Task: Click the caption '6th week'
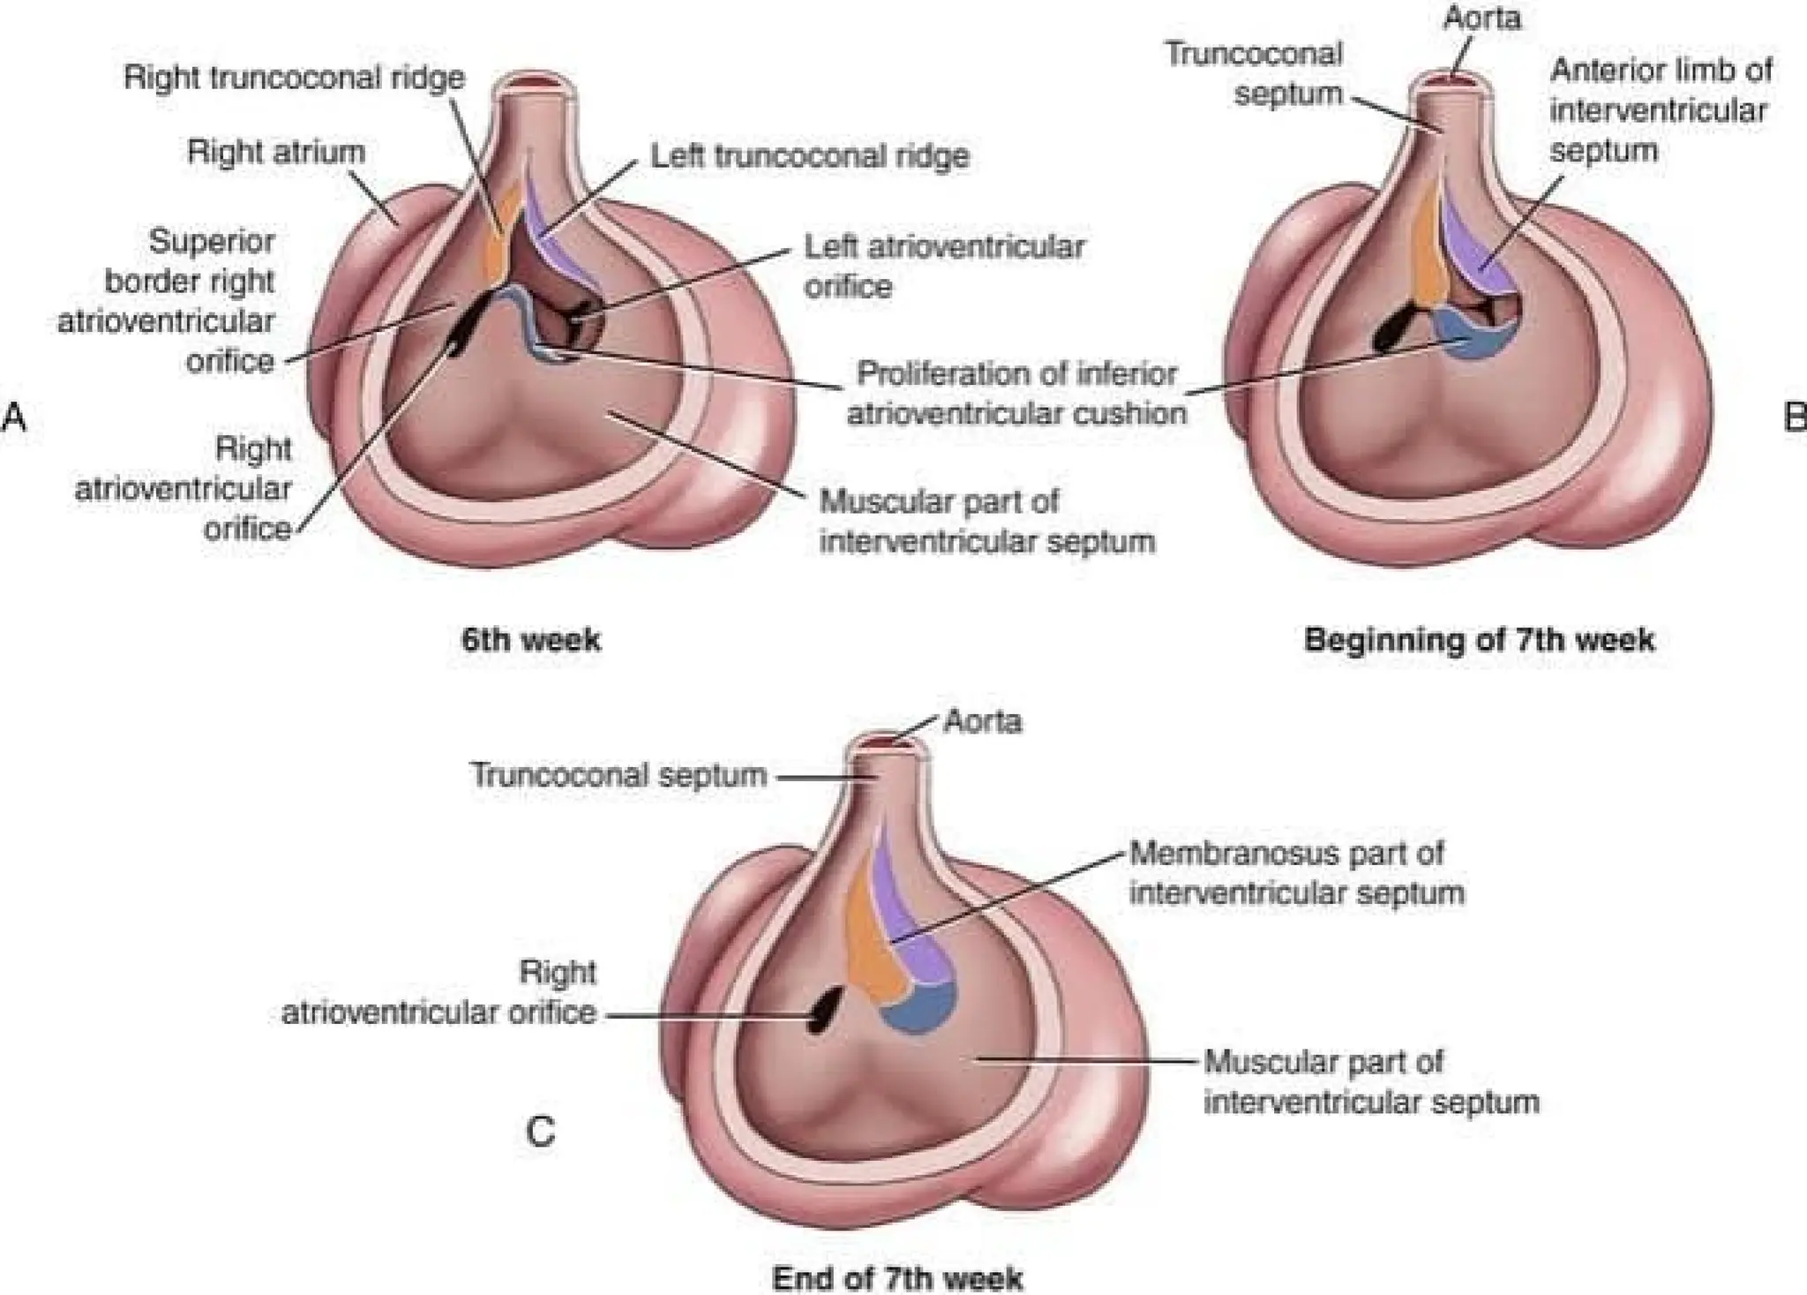pos(531,639)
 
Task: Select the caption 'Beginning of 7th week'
pos(1479,639)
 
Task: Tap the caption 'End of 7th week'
pos(897,1278)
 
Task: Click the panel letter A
pos(14,416)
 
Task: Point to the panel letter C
pos(540,1132)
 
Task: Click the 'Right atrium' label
pos(275,152)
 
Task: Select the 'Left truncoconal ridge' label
pos(810,156)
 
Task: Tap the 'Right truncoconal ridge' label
pos(294,78)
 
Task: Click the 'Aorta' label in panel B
pos(1482,18)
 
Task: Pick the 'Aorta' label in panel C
pos(982,721)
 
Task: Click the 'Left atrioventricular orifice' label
pos(943,266)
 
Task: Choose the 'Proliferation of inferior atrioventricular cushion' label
pos(1016,393)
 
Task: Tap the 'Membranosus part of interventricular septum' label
pos(1296,873)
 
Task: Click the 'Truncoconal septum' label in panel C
pos(619,775)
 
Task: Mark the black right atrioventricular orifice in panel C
pos(825,1011)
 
